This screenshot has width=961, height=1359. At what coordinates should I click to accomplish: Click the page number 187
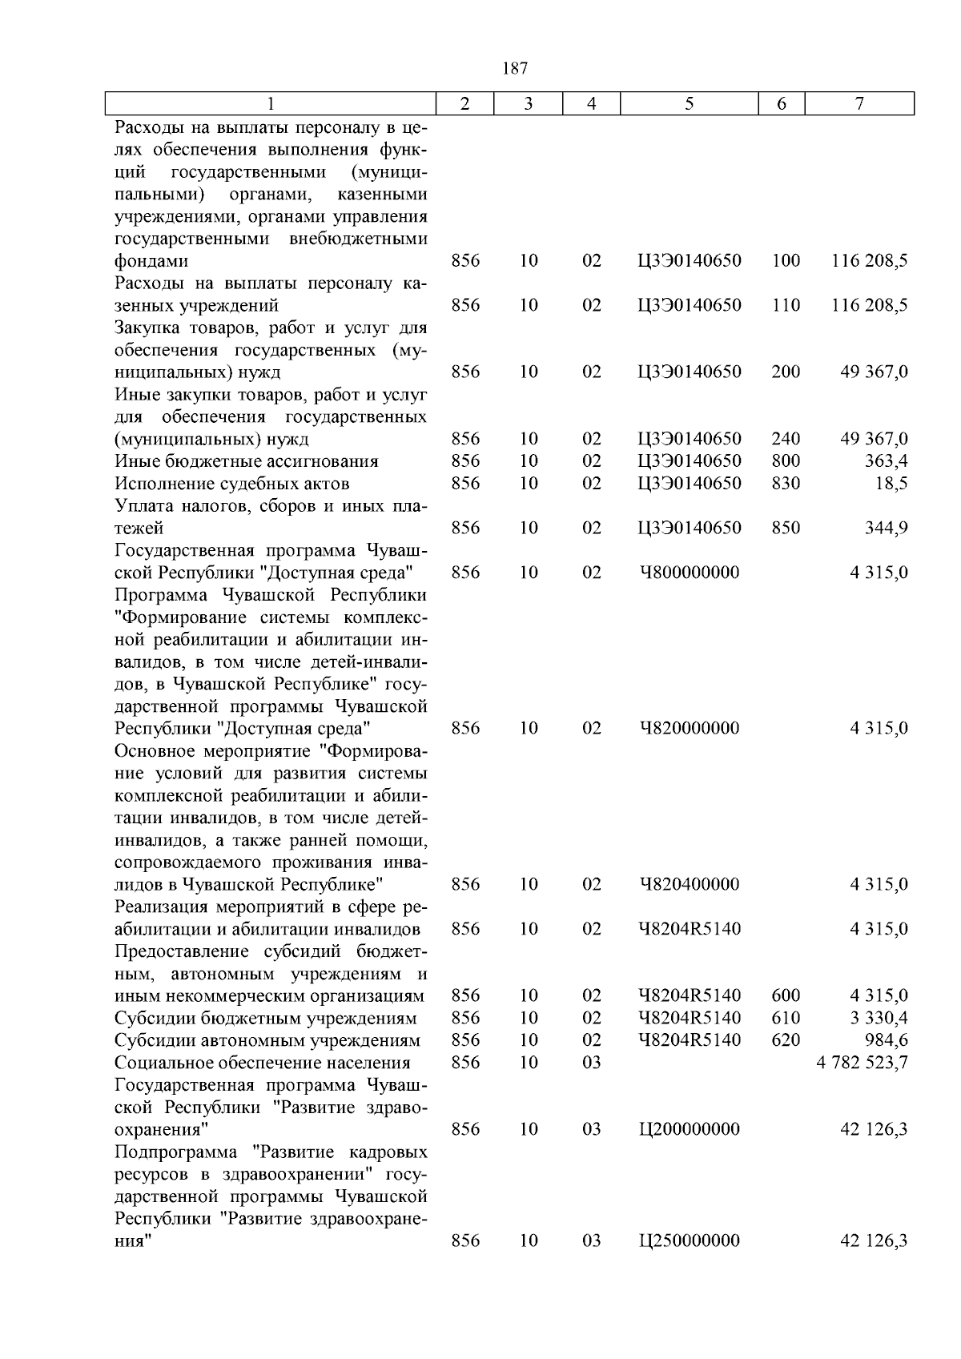pos(515,68)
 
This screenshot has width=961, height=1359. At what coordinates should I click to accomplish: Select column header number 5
pos(689,103)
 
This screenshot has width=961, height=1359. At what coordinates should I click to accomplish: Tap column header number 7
pos(859,103)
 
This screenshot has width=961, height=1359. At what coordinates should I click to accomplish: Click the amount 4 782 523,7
pos(862,1062)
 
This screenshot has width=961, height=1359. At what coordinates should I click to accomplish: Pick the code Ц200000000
pos(689,1129)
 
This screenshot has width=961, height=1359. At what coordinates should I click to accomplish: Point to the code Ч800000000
pos(689,573)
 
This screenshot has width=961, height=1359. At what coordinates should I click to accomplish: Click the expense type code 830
pos(786,484)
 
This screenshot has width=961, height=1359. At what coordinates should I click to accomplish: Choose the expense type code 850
pos(786,528)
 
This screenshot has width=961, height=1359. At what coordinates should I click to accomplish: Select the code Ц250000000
pos(689,1240)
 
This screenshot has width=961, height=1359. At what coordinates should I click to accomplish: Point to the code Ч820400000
pos(689,884)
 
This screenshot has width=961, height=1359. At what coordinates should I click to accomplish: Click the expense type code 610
pos(786,1018)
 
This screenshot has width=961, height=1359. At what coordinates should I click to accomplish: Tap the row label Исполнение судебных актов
pos(232,484)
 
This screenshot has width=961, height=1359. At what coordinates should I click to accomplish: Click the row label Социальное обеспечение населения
pos(263,1062)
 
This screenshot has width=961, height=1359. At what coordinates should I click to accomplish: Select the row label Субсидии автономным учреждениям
pos(267,1040)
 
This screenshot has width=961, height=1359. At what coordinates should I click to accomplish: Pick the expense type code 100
pos(786,261)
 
